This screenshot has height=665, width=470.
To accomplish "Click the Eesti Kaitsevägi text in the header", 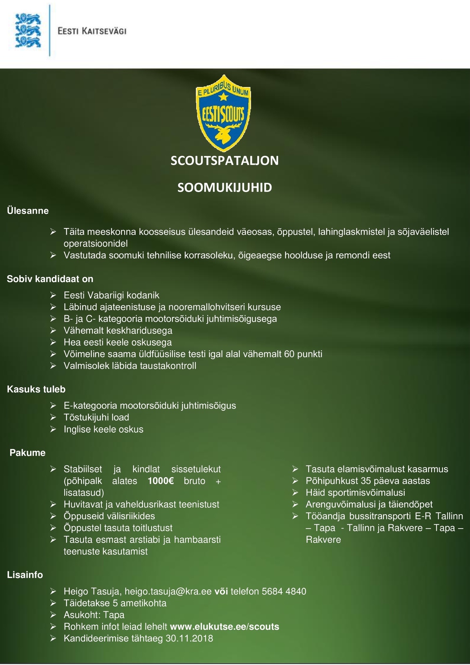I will point(92,31).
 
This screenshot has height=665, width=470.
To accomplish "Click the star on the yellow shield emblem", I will point(223,95).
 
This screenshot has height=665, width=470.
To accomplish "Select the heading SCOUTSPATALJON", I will point(224,161).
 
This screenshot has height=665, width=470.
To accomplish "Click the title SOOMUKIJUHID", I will point(224,187).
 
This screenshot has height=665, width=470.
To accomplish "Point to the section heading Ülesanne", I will point(28,211).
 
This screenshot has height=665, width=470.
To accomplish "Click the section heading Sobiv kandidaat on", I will point(50,279).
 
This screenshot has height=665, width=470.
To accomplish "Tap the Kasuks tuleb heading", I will point(36,389).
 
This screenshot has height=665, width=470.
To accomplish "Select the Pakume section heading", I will point(27,453).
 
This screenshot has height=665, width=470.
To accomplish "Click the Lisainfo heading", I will point(25,575).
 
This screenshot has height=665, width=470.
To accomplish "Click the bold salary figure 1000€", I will point(161,481).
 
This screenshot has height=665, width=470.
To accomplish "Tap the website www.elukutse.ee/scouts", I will point(225,627).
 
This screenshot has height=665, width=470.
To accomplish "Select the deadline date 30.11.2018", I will point(189,638).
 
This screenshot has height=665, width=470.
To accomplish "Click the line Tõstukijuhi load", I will point(96,417).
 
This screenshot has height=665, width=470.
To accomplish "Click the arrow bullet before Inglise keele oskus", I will point(54,429).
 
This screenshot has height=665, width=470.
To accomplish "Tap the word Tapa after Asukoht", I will point(114,615).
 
